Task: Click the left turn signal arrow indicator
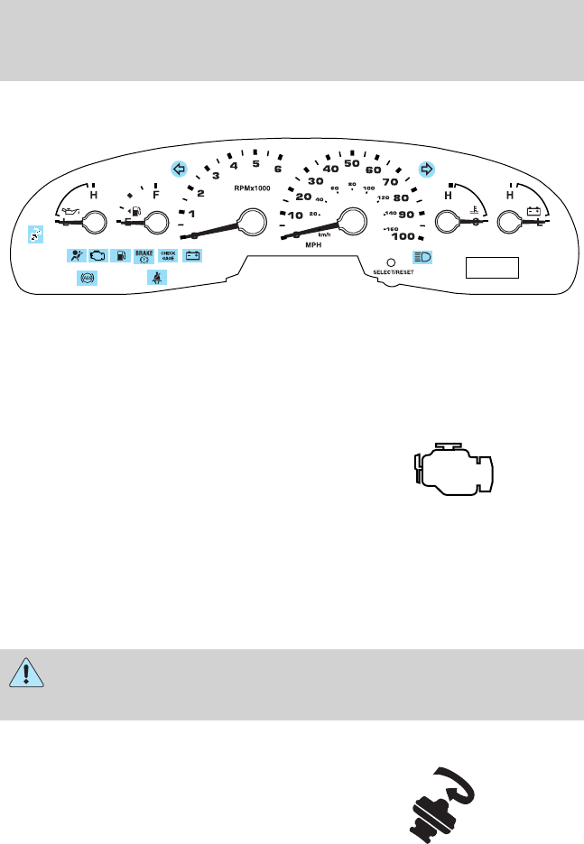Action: coord(179,169)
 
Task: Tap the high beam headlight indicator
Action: coord(422,256)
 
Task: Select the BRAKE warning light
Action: coord(144,256)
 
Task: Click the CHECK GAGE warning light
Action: coord(168,255)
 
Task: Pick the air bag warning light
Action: coord(76,256)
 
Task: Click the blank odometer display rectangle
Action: coord(493,268)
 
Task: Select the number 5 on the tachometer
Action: coord(256,163)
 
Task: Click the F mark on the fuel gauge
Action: coord(156,194)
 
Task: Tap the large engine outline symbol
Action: coord(451,470)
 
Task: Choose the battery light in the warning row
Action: coord(192,256)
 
